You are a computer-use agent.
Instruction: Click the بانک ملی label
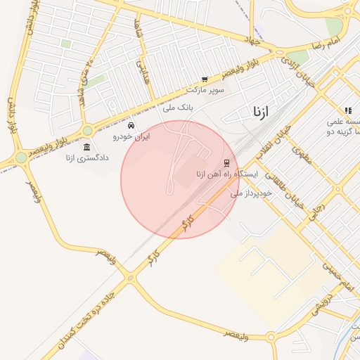point(177,108)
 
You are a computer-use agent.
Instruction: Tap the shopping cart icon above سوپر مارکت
point(205,79)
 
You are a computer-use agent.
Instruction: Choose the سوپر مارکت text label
point(205,91)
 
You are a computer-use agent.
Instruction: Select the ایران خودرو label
point(132,136)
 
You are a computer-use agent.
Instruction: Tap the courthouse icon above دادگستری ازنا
point(86,146)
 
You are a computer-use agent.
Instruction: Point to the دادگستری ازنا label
point(87,157)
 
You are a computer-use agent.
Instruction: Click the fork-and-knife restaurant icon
point(347,110)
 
